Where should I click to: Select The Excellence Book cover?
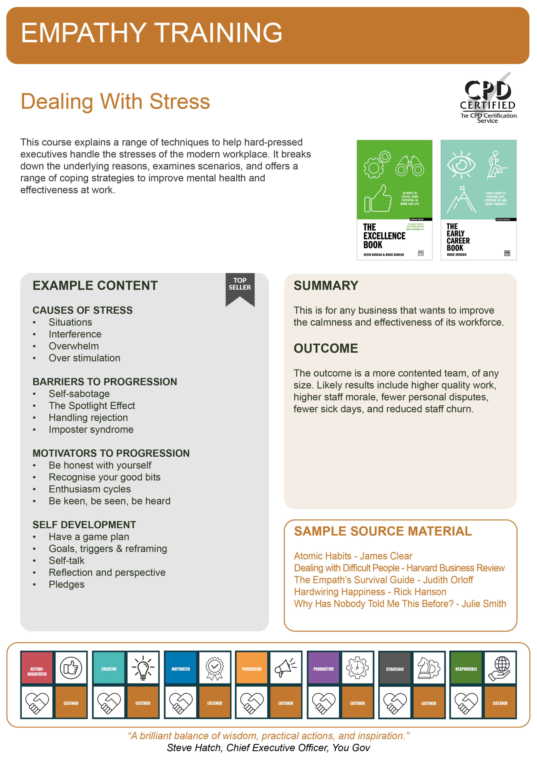point(394,199)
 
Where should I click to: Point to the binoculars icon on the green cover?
point(409,166)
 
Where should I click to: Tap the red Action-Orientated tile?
point(37,668)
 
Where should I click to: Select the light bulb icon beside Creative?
point(143,668)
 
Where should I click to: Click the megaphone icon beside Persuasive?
point(285,668)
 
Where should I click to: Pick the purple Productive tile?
point(323,668)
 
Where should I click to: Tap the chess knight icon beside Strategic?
point(428,668)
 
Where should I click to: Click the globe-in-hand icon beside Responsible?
point(500,668)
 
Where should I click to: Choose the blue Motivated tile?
point(181,668)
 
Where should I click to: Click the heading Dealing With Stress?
point(115,101)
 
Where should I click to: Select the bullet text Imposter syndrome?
point(91,429)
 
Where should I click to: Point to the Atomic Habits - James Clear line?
point(353,556)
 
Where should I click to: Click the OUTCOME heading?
point(325,348)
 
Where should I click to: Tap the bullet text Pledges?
point(66,584)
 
